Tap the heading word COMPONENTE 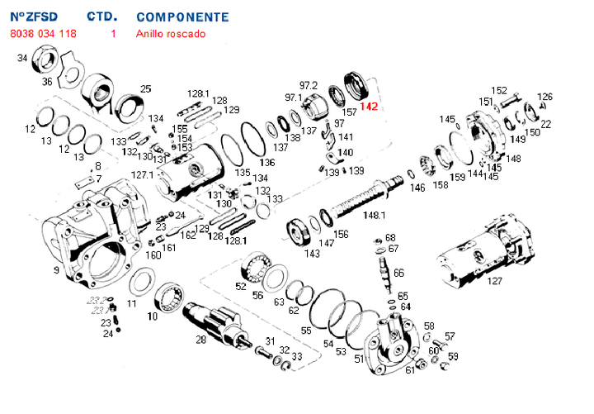point(182,17)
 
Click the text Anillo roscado point(170,34)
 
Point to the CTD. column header point(102,17)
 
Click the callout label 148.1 point(375,215)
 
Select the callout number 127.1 point(143,175)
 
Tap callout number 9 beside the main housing point(56,270)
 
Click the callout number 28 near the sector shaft point(200,340)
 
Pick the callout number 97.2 point(309,85)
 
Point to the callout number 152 point(499,90)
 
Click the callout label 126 point(544,97)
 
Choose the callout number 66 point(398,273)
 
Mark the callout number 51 point(359,359)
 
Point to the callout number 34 point(22,58)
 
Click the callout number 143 point(312,254)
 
